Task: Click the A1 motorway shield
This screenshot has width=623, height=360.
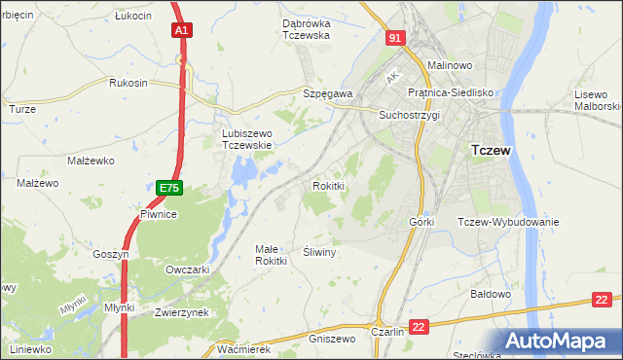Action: (181, 31)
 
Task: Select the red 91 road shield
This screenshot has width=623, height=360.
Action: (393, 38)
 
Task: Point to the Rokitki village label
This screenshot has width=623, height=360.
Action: (329, 185)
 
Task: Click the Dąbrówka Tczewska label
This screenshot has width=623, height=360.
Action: (292, 28)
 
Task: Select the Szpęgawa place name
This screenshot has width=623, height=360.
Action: (327, 93)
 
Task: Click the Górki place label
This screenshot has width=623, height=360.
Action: (421, 222)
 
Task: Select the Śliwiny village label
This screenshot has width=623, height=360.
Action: (319, 251)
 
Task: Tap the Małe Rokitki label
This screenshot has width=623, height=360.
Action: (271, 254)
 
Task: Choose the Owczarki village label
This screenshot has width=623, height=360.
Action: (189, 270)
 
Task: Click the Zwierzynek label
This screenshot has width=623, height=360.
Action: (182, 312)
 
